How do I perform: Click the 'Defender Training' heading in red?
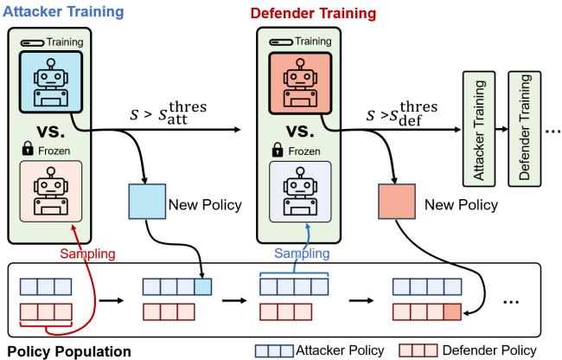click(x=302, y=13)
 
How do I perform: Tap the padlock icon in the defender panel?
click(x=271, y=150)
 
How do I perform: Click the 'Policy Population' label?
click(x=69, y=351)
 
